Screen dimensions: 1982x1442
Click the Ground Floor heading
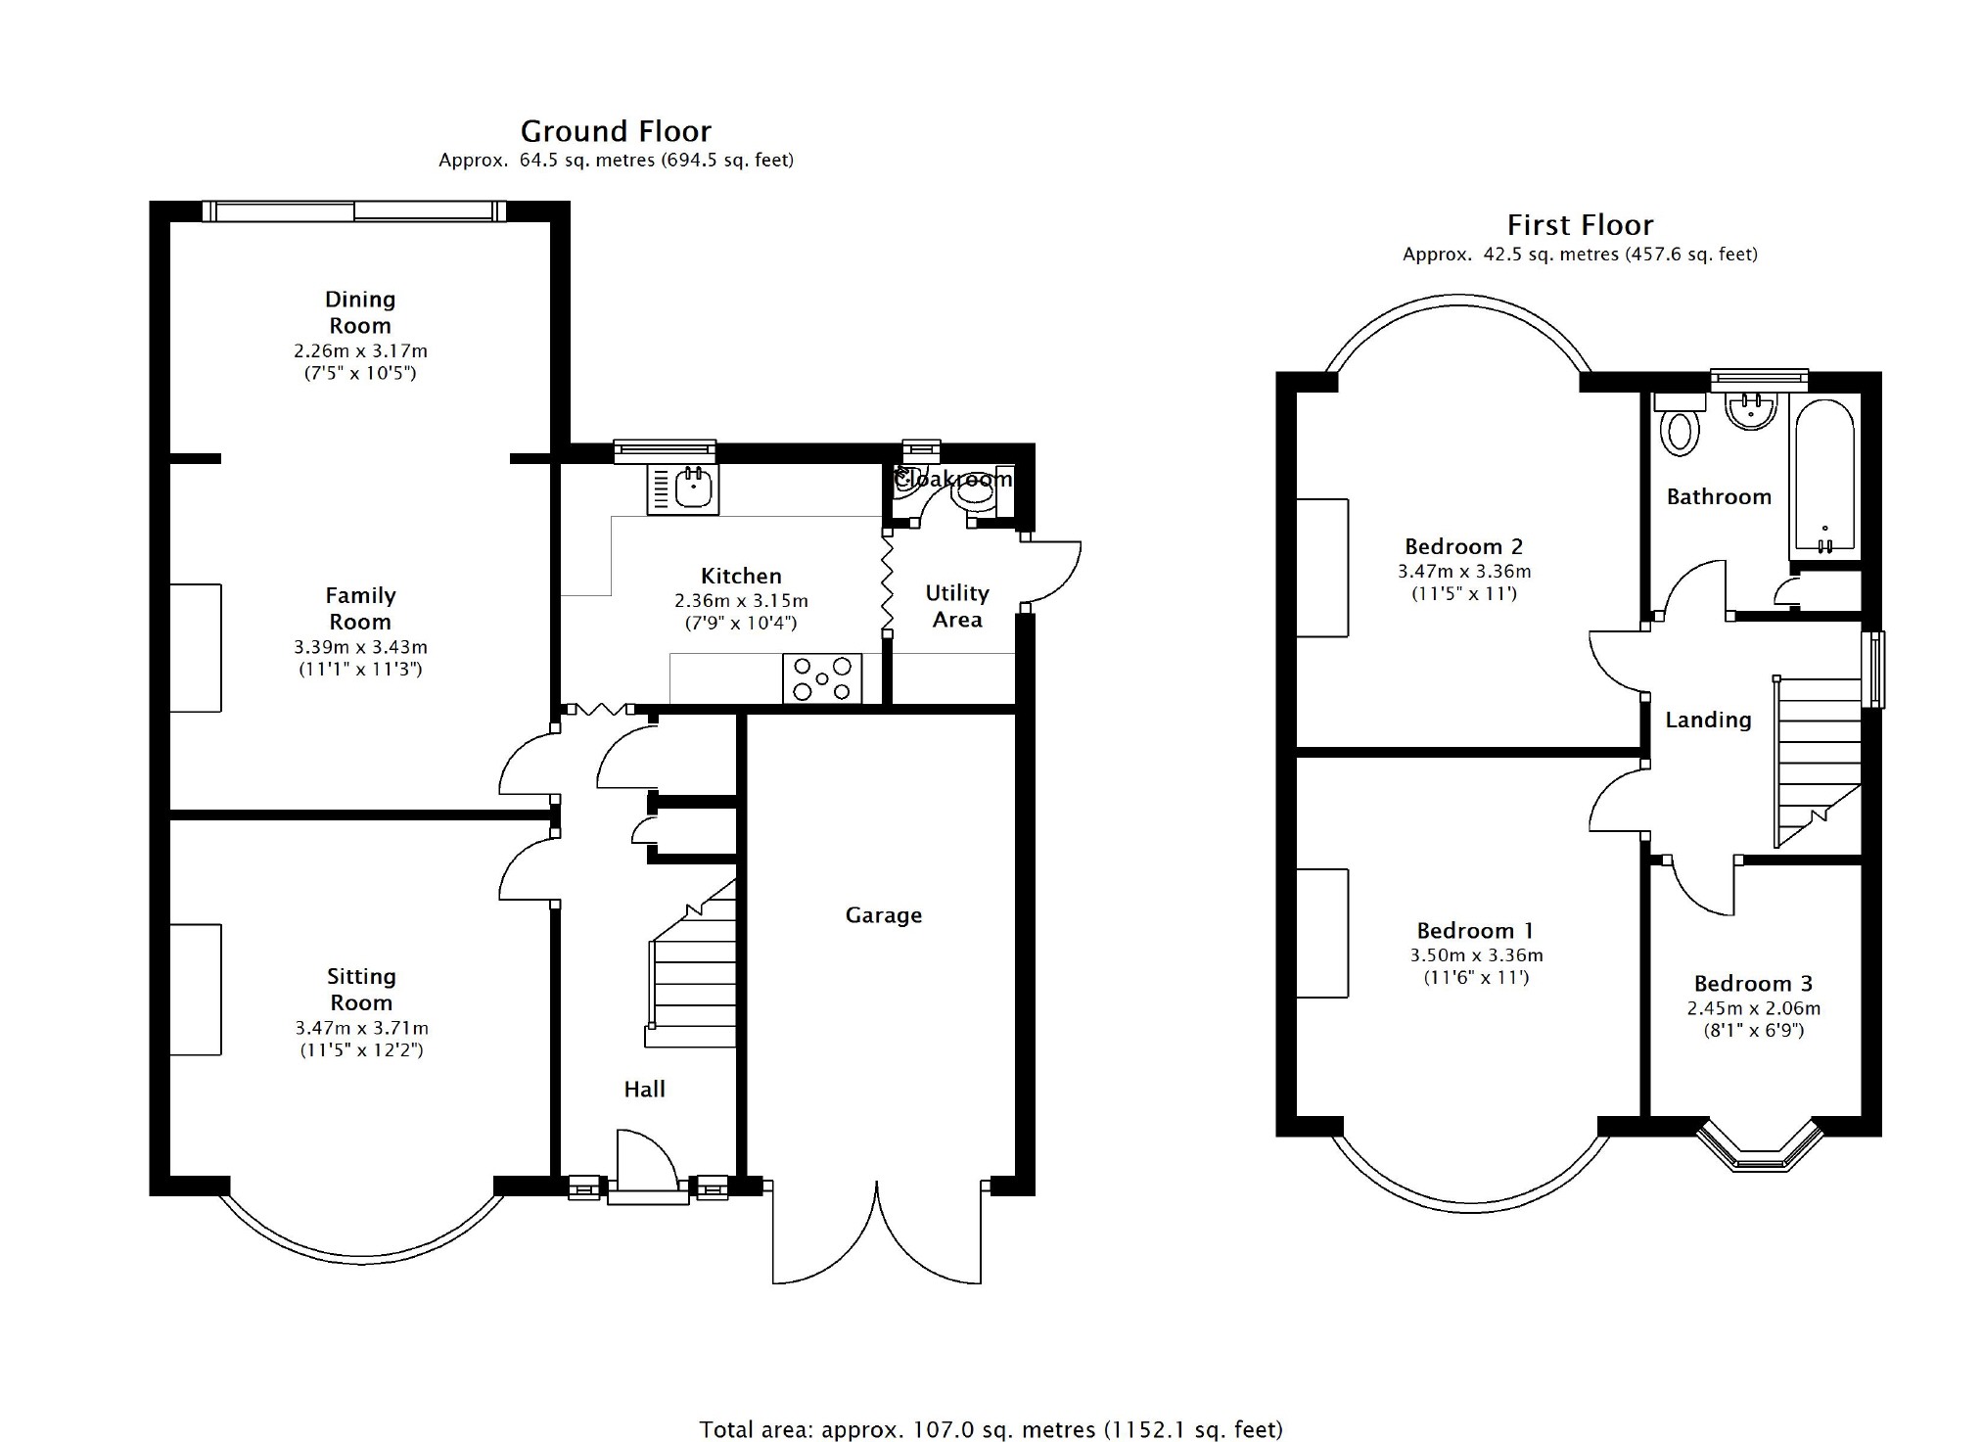616,131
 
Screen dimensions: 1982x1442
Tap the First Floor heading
1580,225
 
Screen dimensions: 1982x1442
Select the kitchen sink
683,488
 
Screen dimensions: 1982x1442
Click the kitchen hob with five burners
822,678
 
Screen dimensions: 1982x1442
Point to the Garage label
884,915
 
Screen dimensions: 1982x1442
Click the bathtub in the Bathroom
1825,476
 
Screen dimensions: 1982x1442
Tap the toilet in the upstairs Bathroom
1680,423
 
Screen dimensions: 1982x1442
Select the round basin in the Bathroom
1751,411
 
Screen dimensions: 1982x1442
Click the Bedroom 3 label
1753,984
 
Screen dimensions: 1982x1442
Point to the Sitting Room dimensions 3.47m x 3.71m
361,1028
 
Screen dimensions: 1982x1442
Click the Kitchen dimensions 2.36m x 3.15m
741,600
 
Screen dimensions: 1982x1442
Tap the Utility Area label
957,606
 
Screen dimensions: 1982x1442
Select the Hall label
644,1089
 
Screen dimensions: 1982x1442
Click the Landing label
1708,721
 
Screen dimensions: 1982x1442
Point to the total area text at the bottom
991,1429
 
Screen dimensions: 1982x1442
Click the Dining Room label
360,312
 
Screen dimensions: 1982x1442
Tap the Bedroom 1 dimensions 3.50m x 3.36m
1476,955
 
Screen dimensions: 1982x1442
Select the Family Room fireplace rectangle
196,648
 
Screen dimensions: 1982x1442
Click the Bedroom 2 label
1463,547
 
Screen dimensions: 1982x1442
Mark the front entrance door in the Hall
647,1165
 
